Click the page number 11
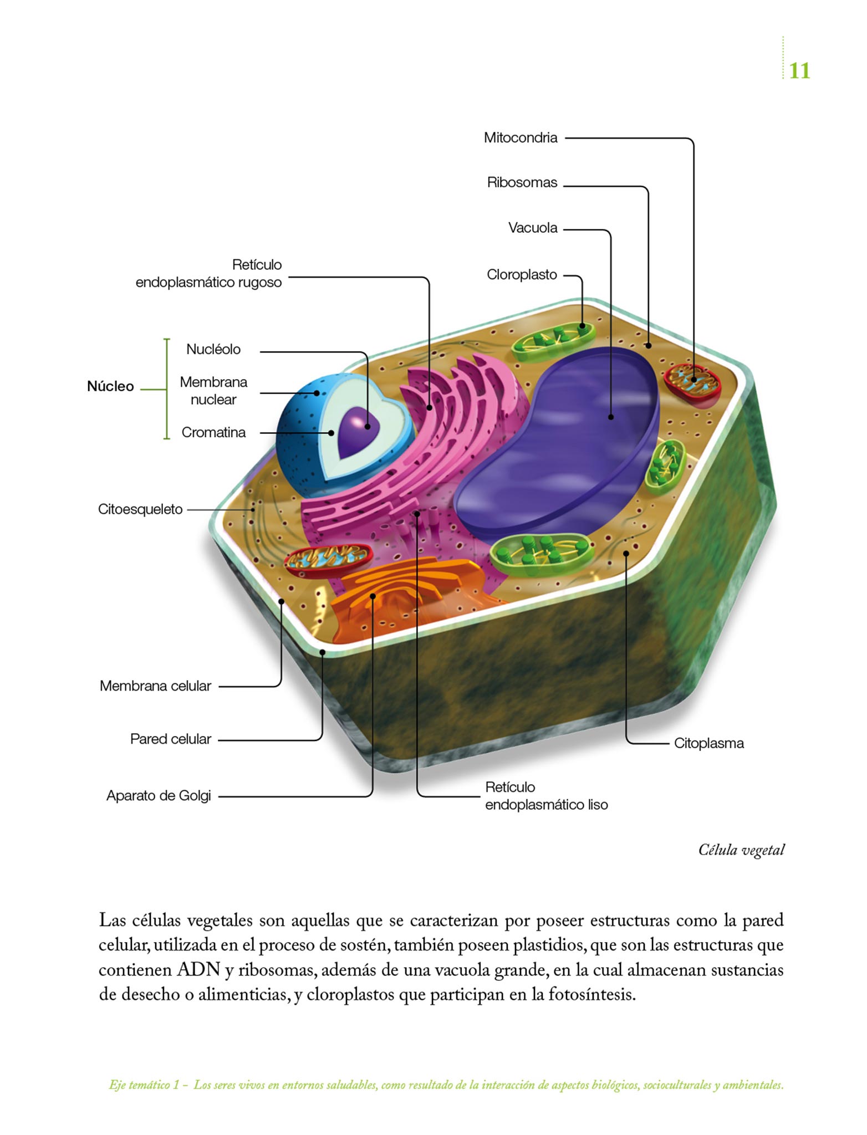pos(799,71)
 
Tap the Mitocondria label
pos(520,137)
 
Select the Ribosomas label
pos(522,182)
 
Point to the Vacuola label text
pos(532,228)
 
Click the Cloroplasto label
pos(522,274)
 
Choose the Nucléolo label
pos(213,349)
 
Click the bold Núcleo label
pos(110,386)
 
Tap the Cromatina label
pos(213,432)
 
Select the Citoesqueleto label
pos(140,509)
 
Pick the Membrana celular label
pos(155,686)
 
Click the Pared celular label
pos(170,739)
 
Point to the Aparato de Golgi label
pos(159,796)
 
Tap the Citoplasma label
pos(708,743)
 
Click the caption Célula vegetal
pos(741,850)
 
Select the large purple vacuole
pos(560,449)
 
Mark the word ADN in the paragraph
pos(198,969)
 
